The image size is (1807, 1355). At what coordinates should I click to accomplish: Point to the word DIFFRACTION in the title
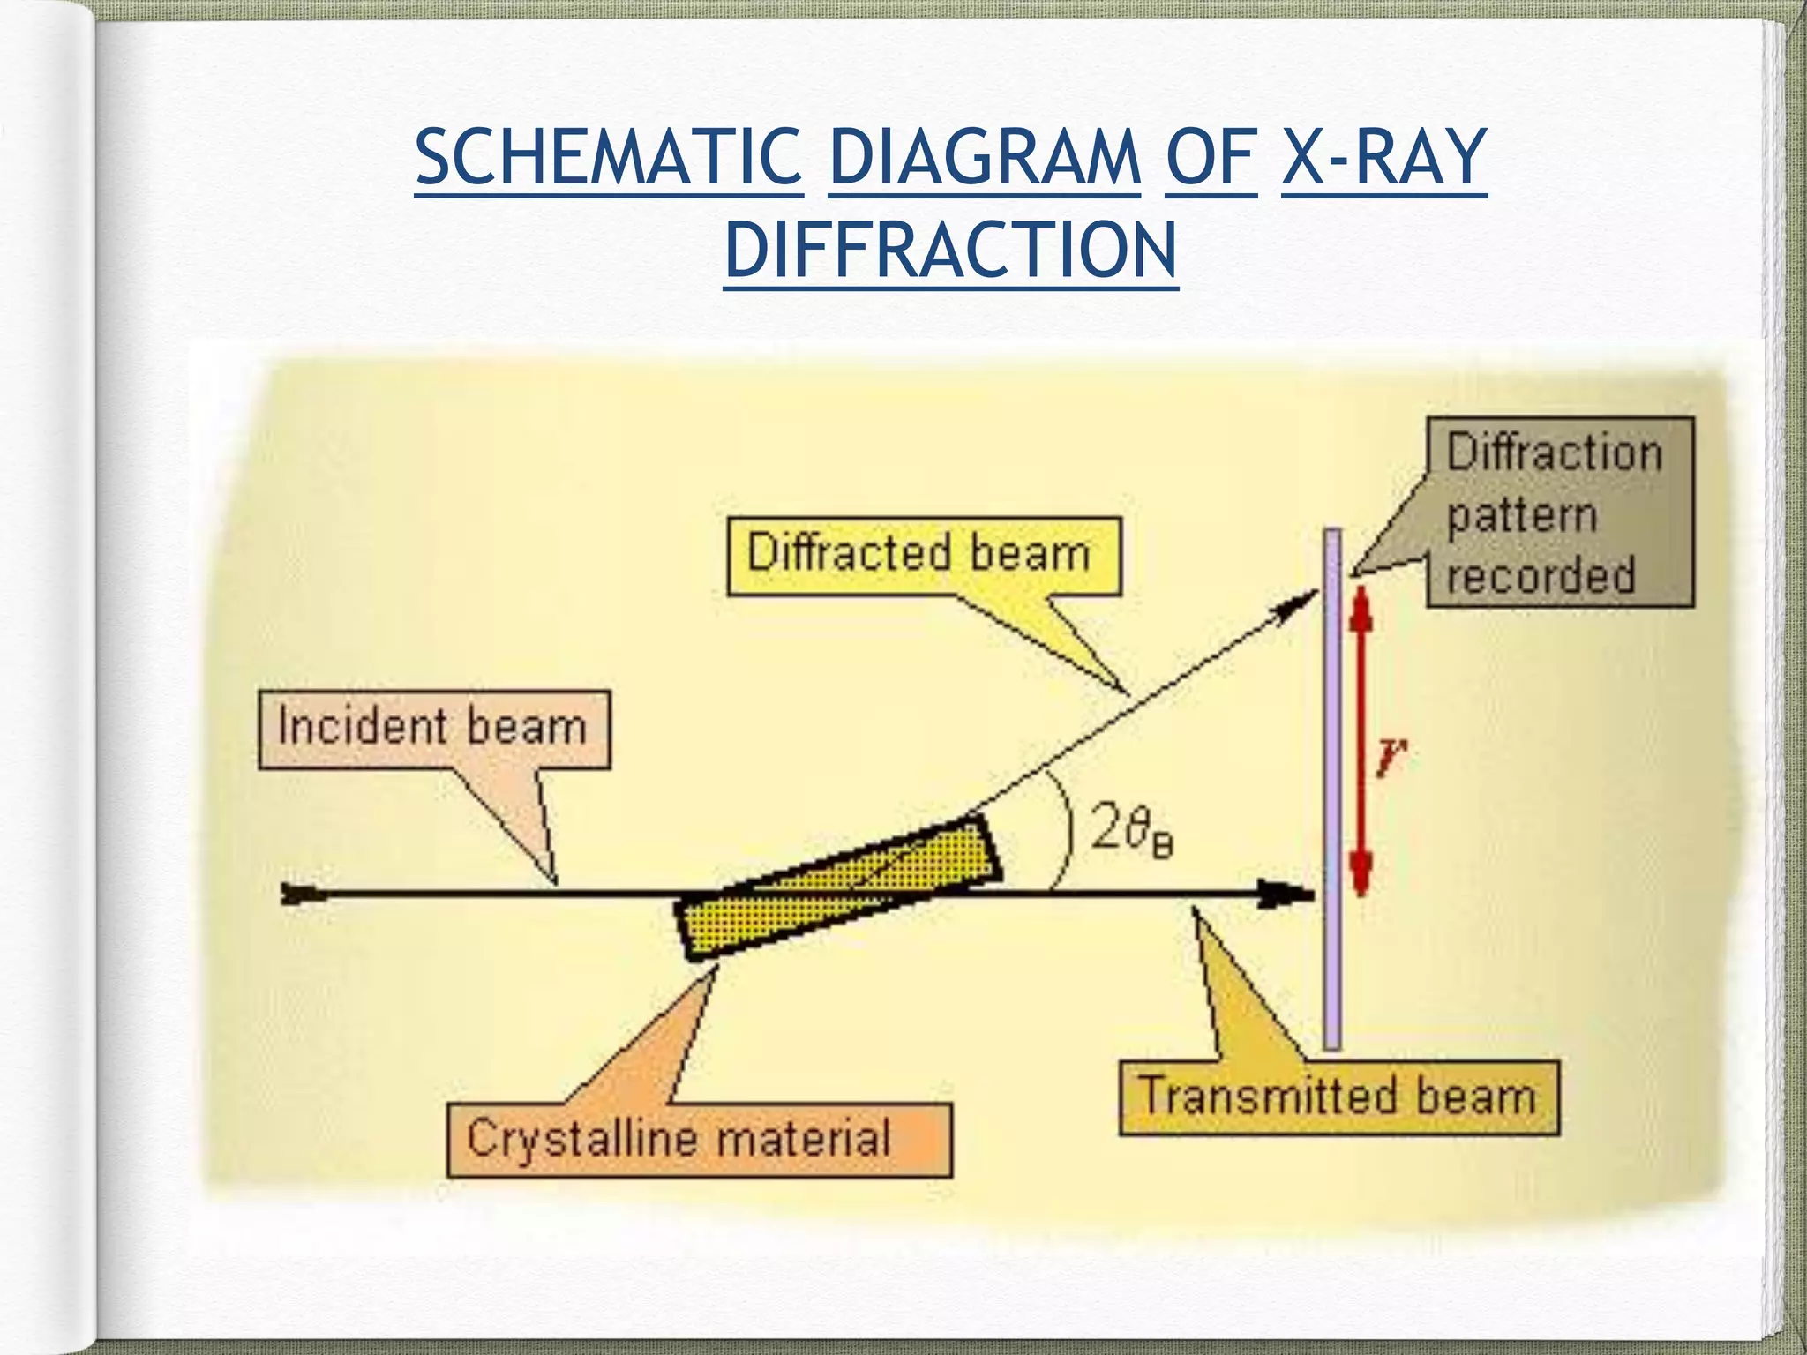[950, 250]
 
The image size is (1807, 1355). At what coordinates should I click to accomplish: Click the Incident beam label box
[433, 729]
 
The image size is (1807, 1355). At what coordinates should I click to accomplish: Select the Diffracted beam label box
[923, 556]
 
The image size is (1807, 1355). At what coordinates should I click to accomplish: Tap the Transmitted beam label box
[1338, 1097]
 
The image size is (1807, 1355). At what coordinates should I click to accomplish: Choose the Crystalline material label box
[699, 1139]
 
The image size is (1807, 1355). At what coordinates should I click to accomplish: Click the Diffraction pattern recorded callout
[1559, 513]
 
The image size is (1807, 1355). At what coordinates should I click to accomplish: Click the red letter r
[1391, 757]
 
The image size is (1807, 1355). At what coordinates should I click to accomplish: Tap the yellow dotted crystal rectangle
[838, 887]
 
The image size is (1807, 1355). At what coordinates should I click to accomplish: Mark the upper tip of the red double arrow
[1361, 593]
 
